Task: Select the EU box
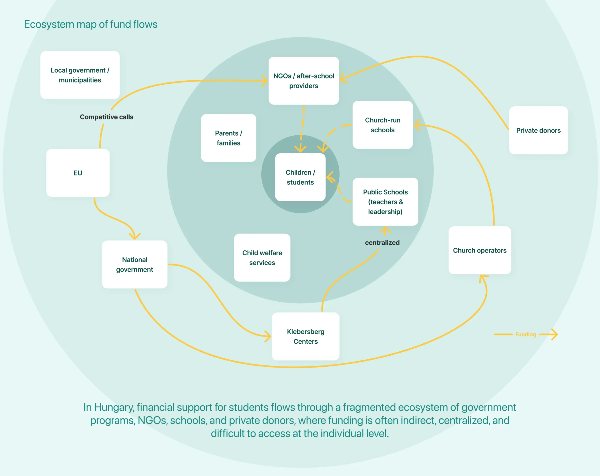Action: click(78, 173)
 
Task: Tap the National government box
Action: click(135, 264)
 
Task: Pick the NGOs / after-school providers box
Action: click(304, 81)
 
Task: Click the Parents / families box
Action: click(229, 138)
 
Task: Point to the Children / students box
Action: click(300, 177)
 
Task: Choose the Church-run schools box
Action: click(383, 125)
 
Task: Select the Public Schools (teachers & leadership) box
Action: click(386, 202)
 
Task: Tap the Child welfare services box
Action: click(262, 258)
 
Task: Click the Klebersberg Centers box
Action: click(306, 336)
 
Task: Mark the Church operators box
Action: click(480, 250)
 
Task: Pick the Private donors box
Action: click(539, 130)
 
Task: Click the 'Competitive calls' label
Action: click(107, 117)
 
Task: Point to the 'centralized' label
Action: click(382, 243)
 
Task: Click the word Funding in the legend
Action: click(525, 335)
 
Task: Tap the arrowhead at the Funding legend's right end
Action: click(555, 335)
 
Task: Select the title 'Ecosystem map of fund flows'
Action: click(91, 24)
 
